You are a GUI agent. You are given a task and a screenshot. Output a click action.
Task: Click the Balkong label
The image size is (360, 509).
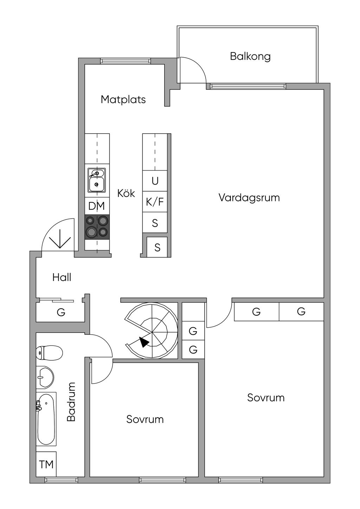pyautogui.click(x=250, y=56)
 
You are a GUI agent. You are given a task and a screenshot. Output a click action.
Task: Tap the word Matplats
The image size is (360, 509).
pyautogui.click(x=123, y=99)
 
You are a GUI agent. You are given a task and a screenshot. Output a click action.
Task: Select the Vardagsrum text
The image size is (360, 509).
pyautogui.click(x=249, y=197)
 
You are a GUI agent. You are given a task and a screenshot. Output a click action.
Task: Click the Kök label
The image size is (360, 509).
pyautogui.click(x=126, y=193)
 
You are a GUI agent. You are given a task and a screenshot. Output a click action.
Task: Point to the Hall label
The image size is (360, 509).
pyautogui.click(x=62, y=277)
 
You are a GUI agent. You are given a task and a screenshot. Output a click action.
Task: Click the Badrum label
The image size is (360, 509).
pyautogui.click(x=71, y=402)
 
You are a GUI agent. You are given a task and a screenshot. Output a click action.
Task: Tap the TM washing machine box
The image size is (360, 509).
pyautogui.click(x=46, y=464)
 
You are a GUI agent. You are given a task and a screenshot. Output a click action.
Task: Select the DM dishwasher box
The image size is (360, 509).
pyautogui.click(x=96, y=206)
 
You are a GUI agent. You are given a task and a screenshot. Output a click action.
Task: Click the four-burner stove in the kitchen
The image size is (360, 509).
pyautogui.click(x=97, y=227)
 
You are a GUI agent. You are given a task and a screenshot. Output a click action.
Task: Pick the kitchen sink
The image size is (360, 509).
pyautogui.click(x=96, y=180)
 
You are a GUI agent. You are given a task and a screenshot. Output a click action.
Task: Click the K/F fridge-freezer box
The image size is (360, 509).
pyautogui.click(x=155, y=202)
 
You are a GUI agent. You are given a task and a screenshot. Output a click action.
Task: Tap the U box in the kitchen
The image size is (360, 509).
pyautogui.click(x=155, y=181)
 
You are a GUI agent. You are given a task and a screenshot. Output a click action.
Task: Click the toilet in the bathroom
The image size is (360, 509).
pyautogui.click(x=49, y=352)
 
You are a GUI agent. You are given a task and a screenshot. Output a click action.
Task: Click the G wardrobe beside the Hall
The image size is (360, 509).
pyautogui.click(x=61, y=312)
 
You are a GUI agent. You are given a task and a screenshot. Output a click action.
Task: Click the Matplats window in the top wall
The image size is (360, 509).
pyautogui.click(x=126, y=61)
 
